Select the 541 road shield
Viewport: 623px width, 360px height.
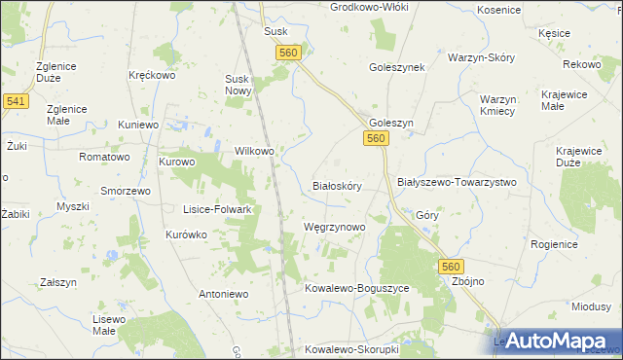coord(16,101)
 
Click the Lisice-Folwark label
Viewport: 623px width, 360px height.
coord(218,209)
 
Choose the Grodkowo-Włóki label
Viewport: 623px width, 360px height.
coord(368,7)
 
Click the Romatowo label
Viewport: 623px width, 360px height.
coord(104,157)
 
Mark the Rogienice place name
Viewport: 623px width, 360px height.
coord(554,244)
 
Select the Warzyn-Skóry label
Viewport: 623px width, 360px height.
coord(479,57)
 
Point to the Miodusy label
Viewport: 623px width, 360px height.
coord(590,306)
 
